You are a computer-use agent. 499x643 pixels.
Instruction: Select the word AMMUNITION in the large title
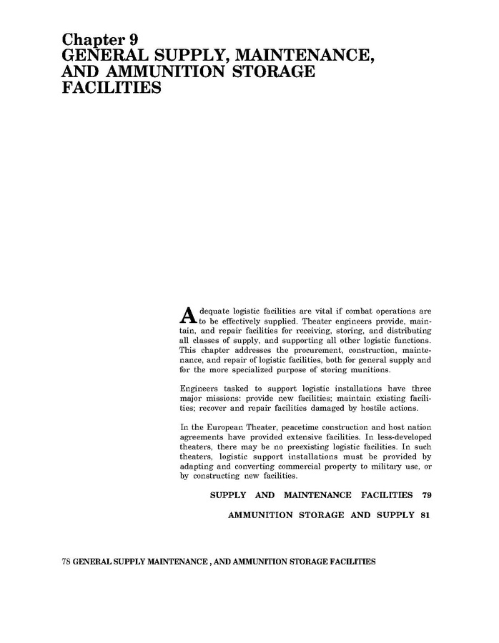(x=162, y=73)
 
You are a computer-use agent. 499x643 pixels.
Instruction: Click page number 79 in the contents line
(x=427, y=495)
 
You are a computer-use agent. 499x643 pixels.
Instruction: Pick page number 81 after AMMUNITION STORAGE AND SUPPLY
(x=425, y=515)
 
